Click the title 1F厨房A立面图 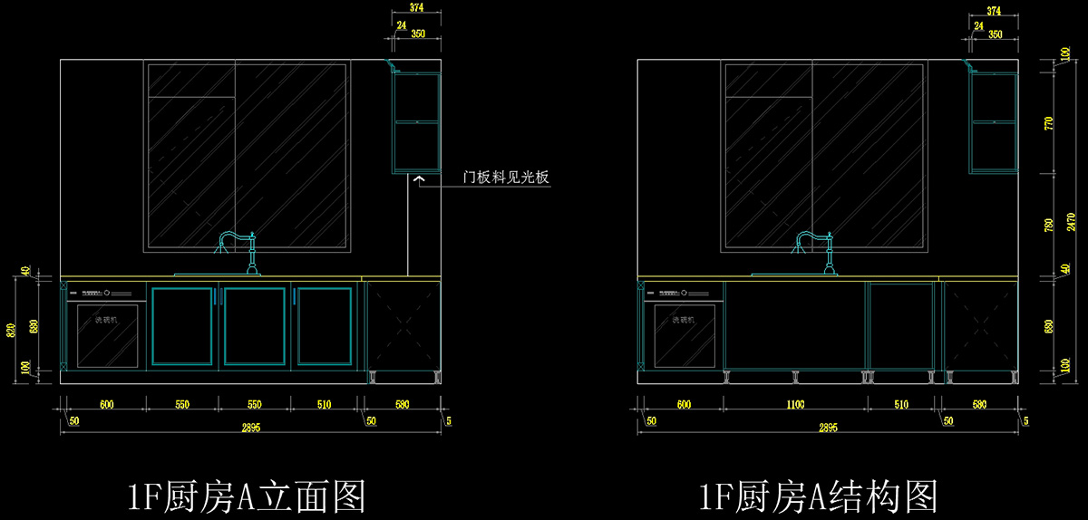(x=246, y=496)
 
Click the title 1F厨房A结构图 (x=818, y=496)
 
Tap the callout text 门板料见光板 (x=507, y=178)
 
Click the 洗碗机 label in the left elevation (x=107, y=320)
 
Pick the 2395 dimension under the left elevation (x=251, y=429)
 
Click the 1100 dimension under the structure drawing (x=795, y=405)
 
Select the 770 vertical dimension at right (x=1050, y=123)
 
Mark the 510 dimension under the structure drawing (x=901, y=405)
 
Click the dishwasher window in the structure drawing (x=685, y=335)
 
